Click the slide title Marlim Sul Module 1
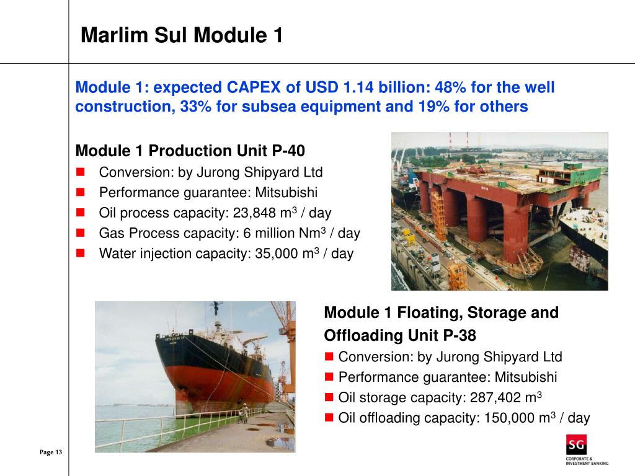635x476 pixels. coord(182,35)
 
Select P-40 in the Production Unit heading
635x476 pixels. coord(289,151)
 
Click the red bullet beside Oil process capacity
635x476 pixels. coord(80,213)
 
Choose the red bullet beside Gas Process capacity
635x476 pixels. coord(80,234)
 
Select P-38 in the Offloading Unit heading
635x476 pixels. coord(460,335)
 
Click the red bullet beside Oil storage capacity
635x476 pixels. coord(330,398)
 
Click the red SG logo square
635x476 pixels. coord(576,445)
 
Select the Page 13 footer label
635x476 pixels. coord(51,452)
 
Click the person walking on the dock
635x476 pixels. coord(244,412)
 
